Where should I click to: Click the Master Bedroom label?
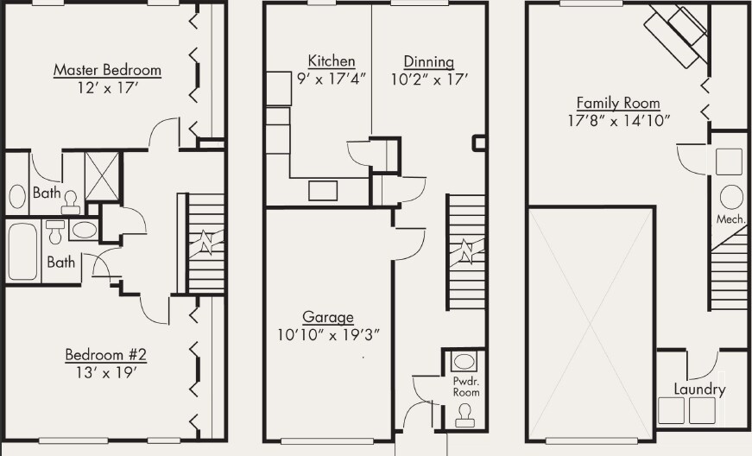point(107,70)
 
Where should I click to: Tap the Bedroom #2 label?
point(107,355)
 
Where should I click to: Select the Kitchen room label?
point(332,61)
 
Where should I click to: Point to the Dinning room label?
point(428,61)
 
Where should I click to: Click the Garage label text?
point(327,317)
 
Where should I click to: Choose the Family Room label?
point(618,102)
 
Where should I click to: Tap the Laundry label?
point(699,389)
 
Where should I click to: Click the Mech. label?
point(730,219)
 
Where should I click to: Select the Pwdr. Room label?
point(465,385)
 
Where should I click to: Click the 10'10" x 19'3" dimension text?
point(329,334)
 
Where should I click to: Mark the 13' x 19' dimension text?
point(107,372)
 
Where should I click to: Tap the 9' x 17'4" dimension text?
point(332,79)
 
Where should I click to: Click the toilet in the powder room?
point(465,415)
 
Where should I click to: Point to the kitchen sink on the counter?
point(324,191)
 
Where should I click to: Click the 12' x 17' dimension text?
point(107,87)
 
